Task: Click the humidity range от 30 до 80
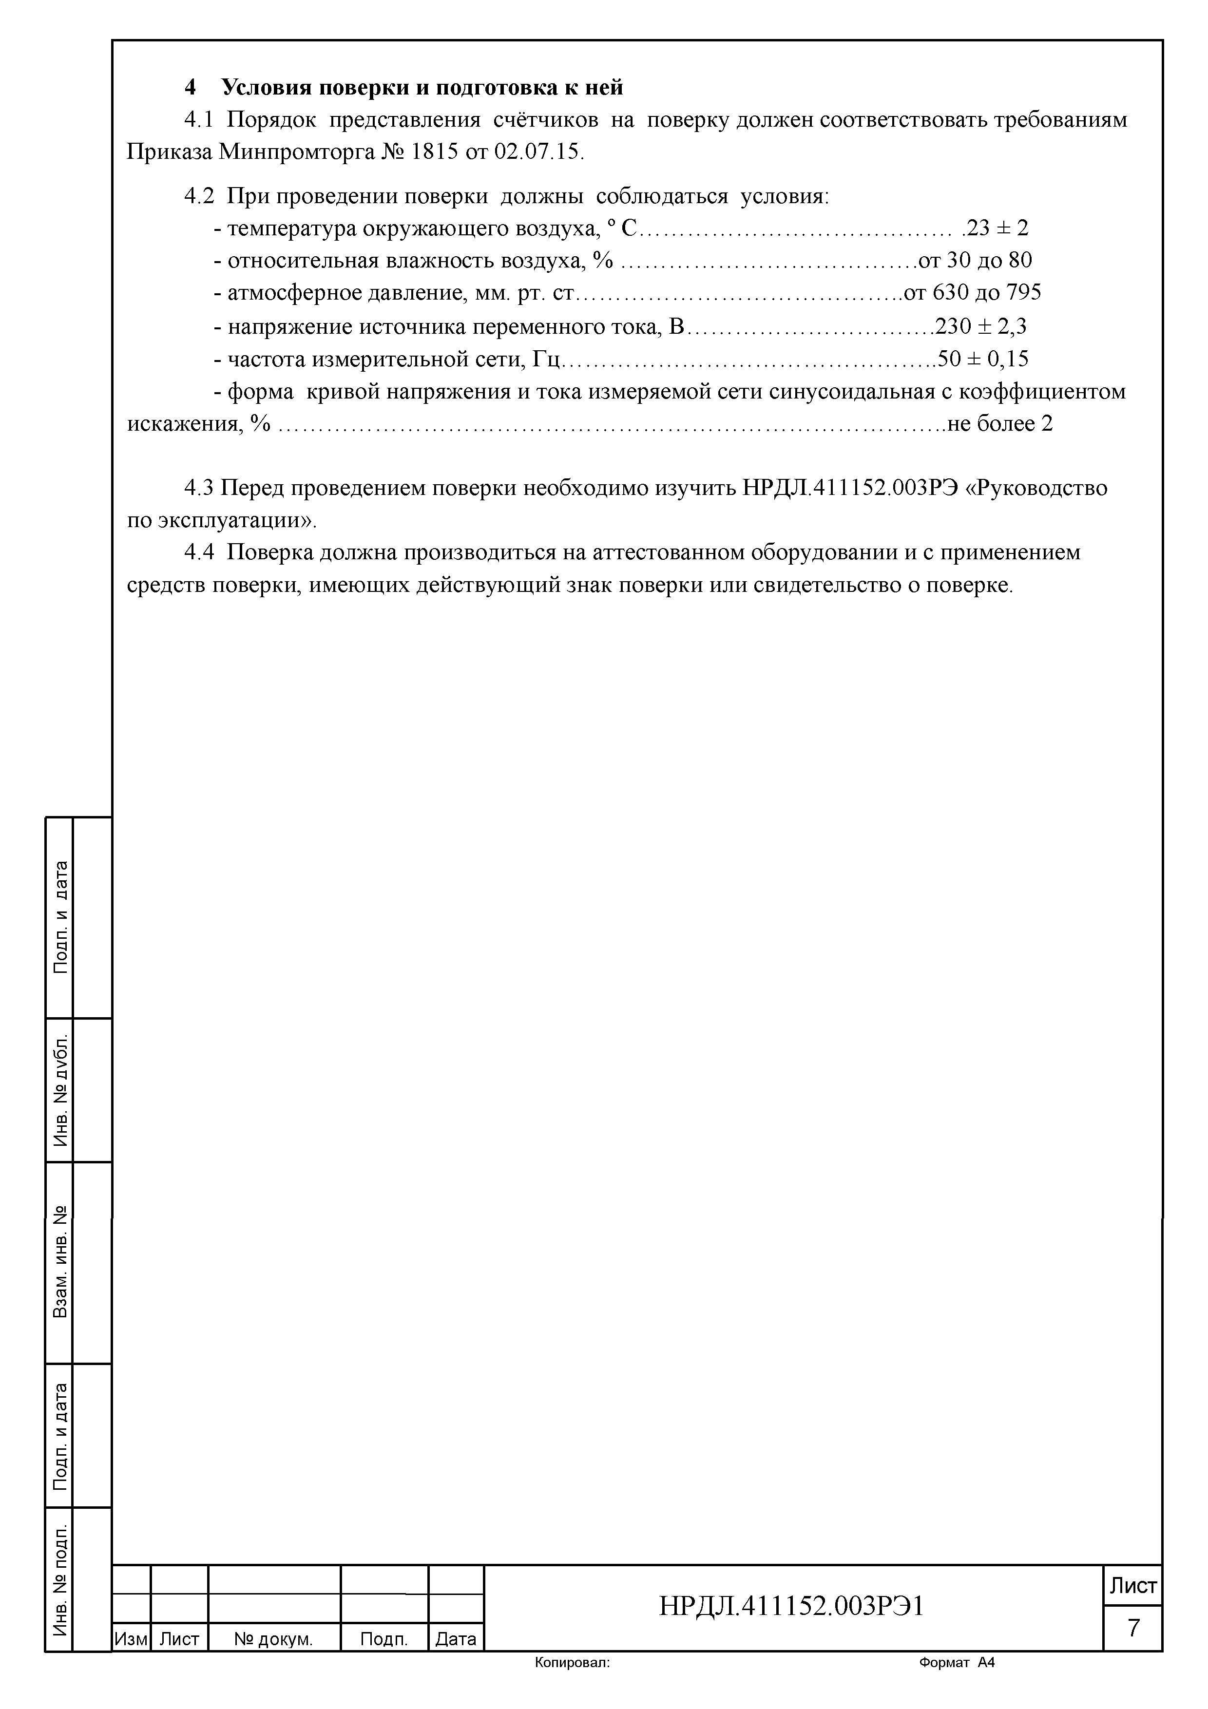coord(975,261)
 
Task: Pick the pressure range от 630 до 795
coord(972,292)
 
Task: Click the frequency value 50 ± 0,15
coord(983,360)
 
